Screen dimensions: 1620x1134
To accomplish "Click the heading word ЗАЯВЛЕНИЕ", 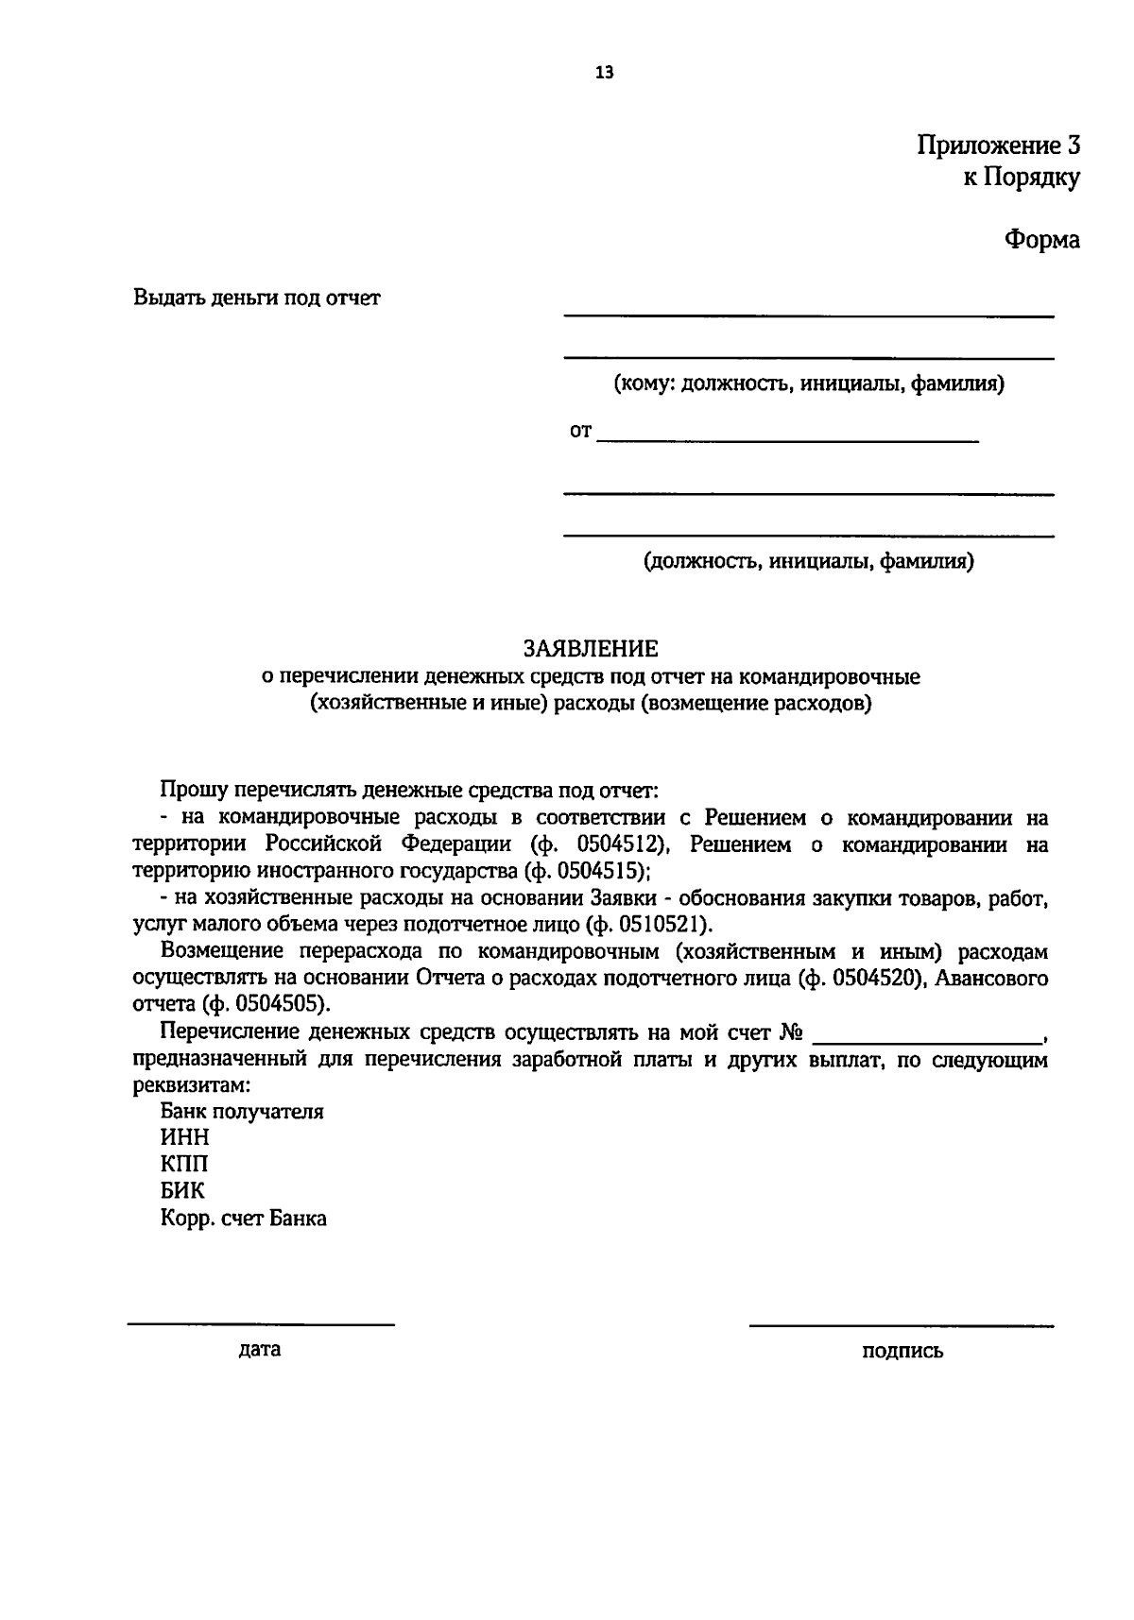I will (591, 649).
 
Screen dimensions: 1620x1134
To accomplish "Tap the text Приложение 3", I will (998, 145).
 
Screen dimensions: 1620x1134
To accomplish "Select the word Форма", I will (1041, 240).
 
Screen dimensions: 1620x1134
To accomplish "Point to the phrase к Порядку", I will (1021, 178).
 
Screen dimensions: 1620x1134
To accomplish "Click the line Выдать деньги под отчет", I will (257, 298).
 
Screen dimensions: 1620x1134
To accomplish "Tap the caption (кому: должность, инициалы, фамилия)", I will (809, 384).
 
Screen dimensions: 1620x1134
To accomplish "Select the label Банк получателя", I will (242, 1112).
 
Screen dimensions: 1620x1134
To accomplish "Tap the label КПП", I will (184, 1165).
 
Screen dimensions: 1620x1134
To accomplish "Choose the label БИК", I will (182, 1191).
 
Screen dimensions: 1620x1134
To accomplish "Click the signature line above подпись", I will (902, 1324).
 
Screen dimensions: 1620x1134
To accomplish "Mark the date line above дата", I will (261, 1324).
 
